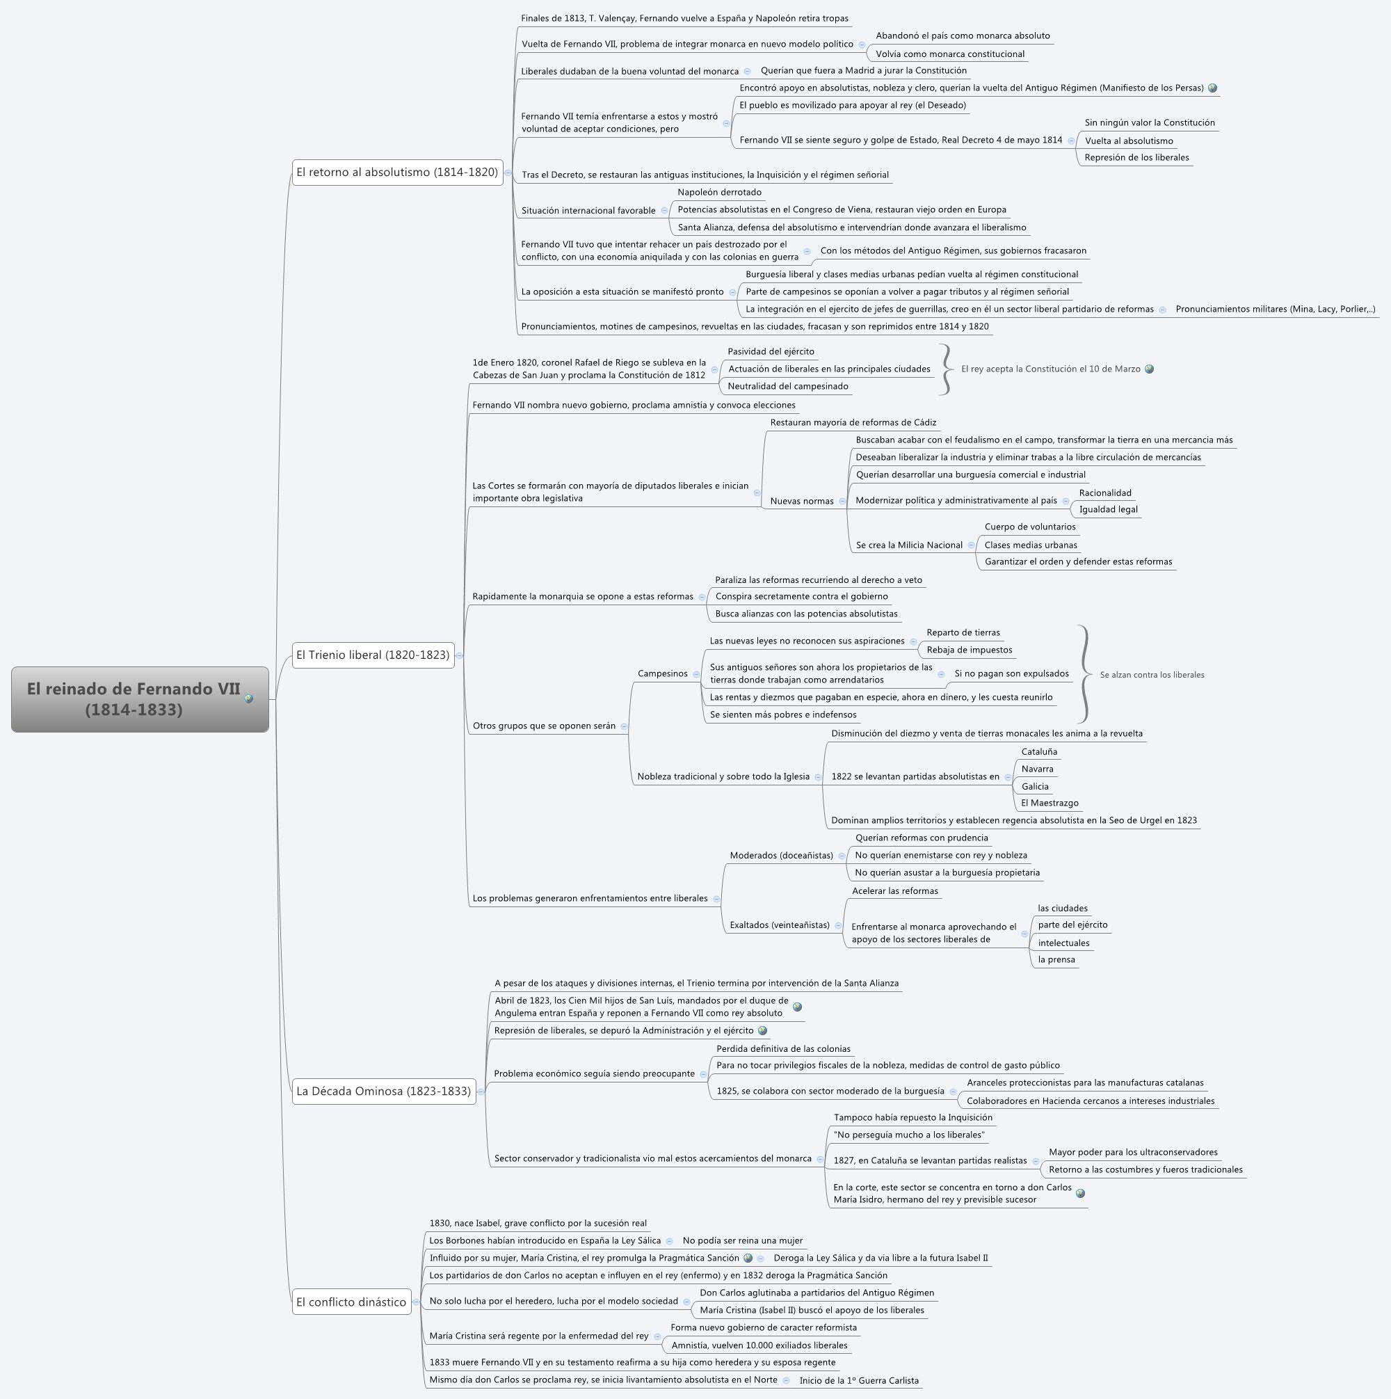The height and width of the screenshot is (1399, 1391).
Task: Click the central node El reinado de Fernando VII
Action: click(134, 698)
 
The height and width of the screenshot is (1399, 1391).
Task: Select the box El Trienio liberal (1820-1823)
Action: click(373, 655)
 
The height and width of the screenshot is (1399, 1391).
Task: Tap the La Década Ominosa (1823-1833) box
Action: click(384, 1092)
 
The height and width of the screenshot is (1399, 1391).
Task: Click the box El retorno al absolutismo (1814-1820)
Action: click(397, 173)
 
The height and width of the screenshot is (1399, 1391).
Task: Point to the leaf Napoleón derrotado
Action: click(719, 193)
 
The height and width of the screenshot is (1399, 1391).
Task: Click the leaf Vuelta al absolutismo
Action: click(1128, 141)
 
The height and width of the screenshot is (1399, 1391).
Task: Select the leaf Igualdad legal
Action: click(1108, 509)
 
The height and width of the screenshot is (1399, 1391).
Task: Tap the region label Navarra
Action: click(1037, 769)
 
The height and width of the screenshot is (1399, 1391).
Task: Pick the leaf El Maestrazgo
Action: click(1050, 803)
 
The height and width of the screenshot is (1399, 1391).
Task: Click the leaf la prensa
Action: click(1056, 959)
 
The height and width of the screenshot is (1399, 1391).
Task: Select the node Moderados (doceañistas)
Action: click(781, 855)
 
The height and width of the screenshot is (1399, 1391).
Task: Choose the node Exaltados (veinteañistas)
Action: click(779, 925)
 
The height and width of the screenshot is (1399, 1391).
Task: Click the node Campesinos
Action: click(663, 673)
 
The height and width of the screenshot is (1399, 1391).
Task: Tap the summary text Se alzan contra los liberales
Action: click(1152, 675)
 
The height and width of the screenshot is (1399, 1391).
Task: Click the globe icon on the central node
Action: click(249, 698)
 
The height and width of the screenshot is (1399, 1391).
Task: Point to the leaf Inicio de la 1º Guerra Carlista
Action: click(859, 1380)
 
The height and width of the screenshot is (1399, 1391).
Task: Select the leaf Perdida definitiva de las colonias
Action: click(782, 1048)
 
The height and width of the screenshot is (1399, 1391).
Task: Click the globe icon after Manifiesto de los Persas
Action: click(1213, 88)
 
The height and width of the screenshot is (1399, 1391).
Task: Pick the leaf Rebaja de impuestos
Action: click(969, 650)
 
